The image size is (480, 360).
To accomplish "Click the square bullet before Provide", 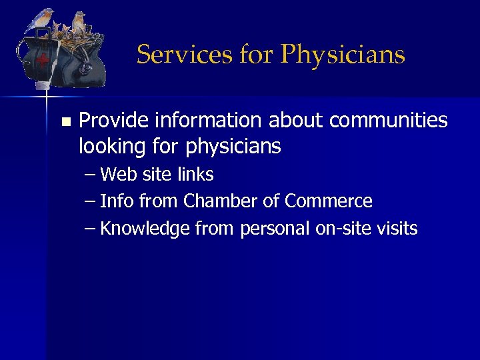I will pyautogui.click(x=65, y=122).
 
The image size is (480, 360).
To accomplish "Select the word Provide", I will pyautogui.click(x=114, y=121).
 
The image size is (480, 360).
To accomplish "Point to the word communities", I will pyautogui.click(x=388, y=121).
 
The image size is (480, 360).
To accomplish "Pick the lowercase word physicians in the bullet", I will pyautogui.click(x=233, y=145).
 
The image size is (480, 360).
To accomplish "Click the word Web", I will pyautogui.click(x=118, y=175).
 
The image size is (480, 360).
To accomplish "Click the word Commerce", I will pyautogui.click(x=328, y=201).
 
